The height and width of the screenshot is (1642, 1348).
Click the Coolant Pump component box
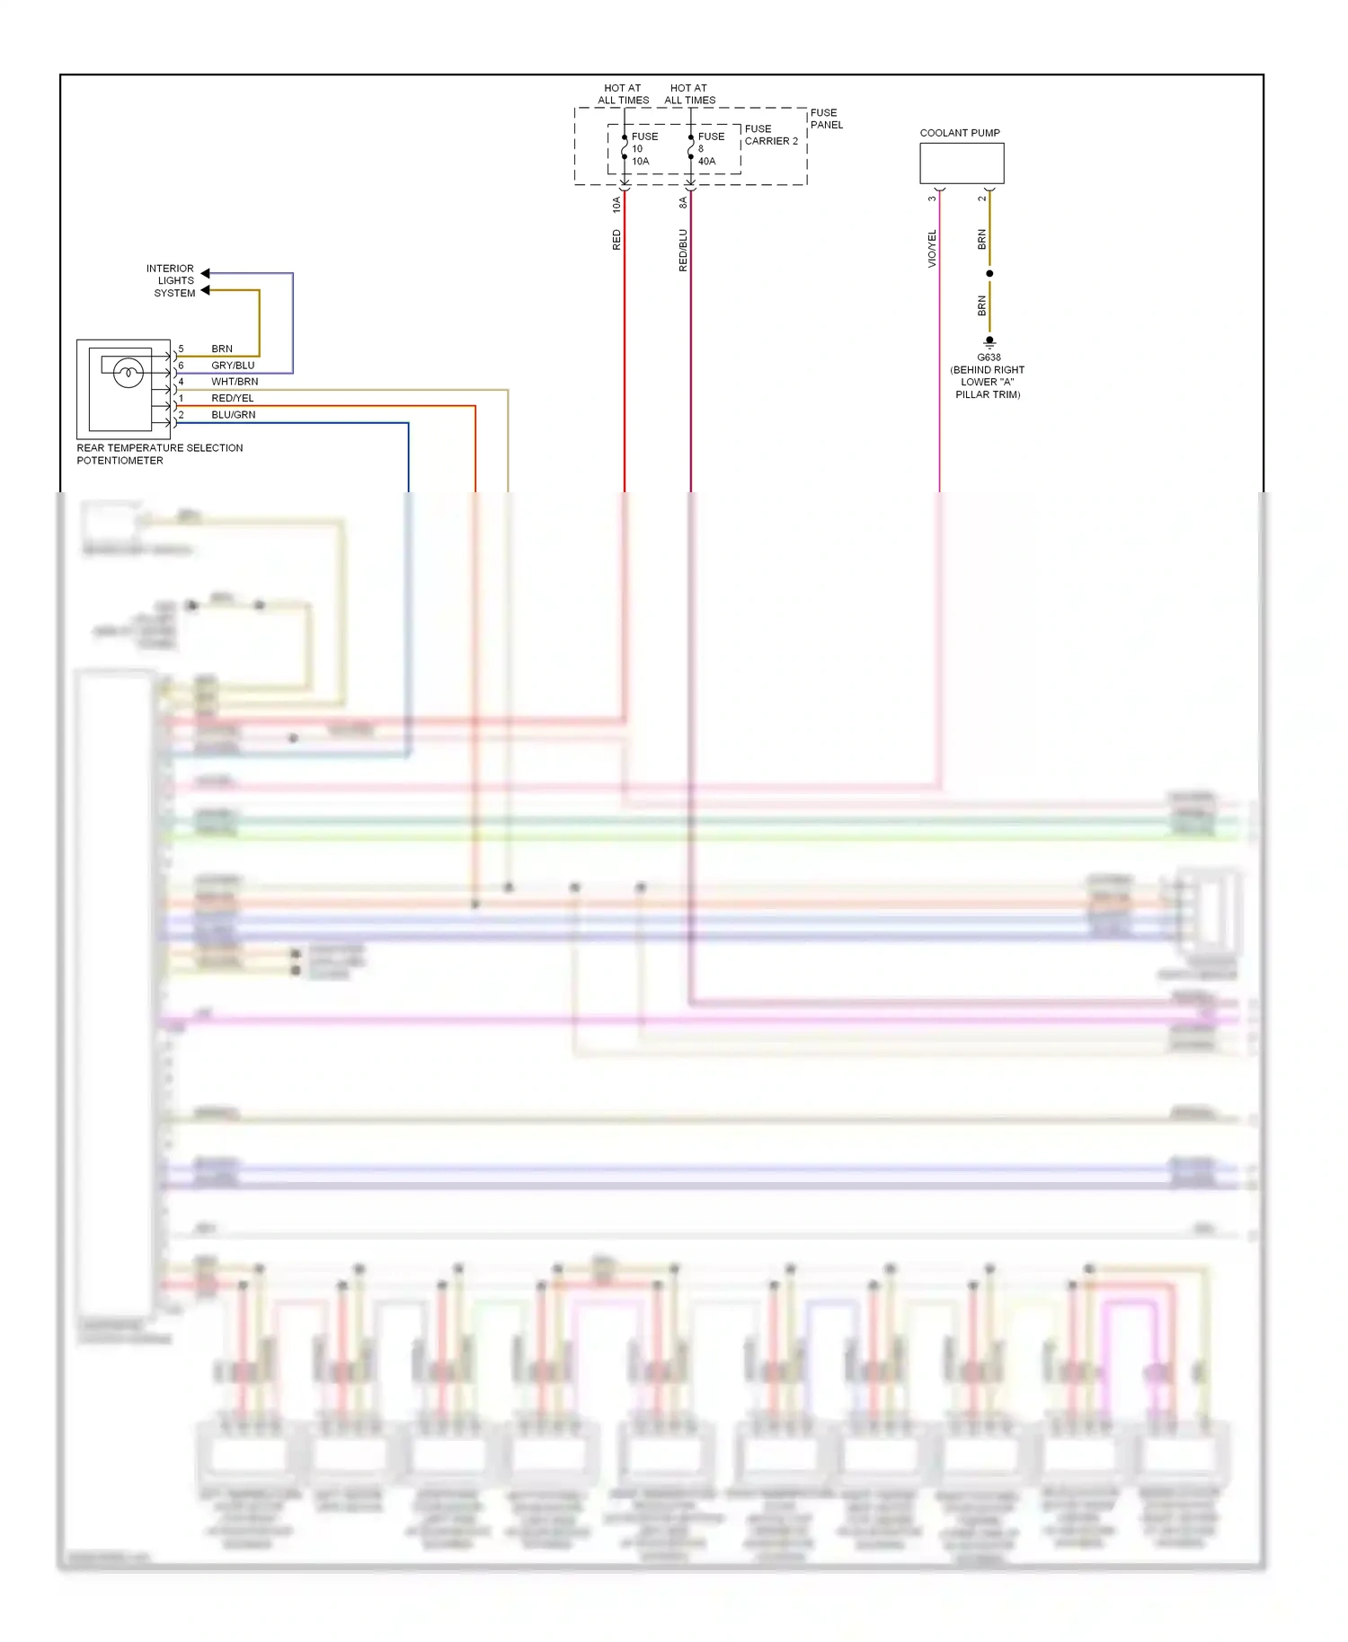[x=961, y=163]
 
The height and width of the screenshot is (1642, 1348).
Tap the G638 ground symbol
[x=989, y=342]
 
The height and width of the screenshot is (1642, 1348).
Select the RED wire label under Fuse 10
[x=616, y=240]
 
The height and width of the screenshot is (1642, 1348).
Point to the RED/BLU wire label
[x=683, y=250]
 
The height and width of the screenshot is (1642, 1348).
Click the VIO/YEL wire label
[x=932, y=249]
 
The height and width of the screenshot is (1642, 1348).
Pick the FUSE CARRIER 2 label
[x=771, y=135]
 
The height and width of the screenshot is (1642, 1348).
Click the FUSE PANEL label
[x=826, y=119]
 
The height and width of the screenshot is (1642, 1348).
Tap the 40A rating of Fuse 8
[x=707, y=162]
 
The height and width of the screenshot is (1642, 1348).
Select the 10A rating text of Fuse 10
[x=640, y=162]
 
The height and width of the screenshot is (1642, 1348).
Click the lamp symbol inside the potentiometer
[x=129, y=373]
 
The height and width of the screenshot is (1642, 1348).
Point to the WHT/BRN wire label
[x=235, y=382]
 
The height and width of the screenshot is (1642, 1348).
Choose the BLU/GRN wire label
[x=234, y=415]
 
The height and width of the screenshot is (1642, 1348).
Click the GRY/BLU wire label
[x=233, y=366]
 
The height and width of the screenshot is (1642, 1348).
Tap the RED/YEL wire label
[x=233, y=398]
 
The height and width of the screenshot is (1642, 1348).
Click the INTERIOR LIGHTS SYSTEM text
[x=172, y=280]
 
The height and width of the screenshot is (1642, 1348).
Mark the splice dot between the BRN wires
[x=989, y=273]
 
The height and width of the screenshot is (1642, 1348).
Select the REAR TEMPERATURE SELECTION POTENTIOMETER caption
[x=159, y=454]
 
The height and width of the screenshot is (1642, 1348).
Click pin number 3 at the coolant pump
[x=932, y=199]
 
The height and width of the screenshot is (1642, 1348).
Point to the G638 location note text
[x=988, y=382]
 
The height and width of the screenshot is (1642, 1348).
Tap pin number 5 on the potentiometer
[x=181, y=349]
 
